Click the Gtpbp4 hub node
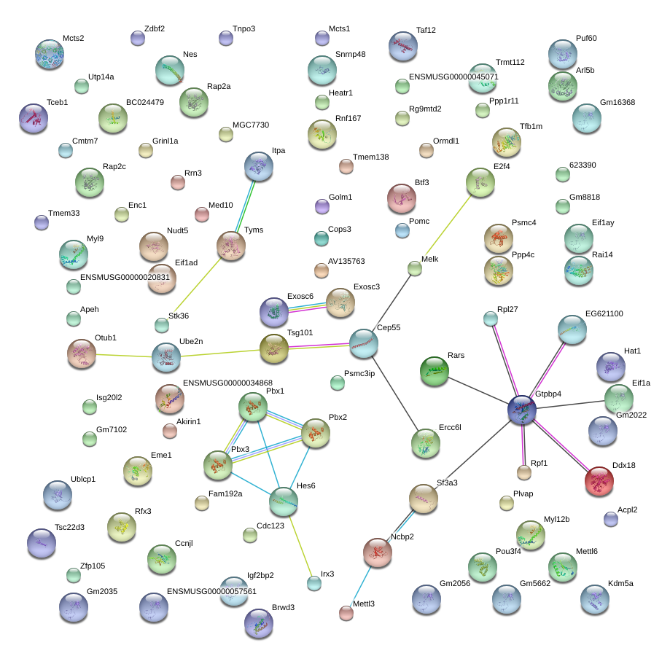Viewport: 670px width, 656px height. tap(522, 410)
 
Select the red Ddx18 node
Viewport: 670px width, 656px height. tap(599, 481)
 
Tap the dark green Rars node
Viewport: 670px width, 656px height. tap(434, 371)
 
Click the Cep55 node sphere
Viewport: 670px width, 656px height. tap(364, 343)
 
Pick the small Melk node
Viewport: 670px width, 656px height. tap(415, 268)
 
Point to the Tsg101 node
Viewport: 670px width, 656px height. tap(274, 348)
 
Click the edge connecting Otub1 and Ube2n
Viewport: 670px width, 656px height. tap(124, 356)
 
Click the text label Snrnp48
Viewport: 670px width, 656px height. tap(351, 54)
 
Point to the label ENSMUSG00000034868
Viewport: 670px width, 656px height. tap(227, 383)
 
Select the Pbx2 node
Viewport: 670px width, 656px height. tap(316, 433)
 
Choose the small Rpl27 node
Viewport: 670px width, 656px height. tap(491, 319)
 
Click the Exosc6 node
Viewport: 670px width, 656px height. tap(274, 312)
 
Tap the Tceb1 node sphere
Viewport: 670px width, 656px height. tap(34, 118)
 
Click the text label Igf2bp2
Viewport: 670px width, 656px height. tap(260, 575)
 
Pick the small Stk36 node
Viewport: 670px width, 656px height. tap(162, 325)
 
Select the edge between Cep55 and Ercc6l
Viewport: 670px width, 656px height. tap(395, 393)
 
